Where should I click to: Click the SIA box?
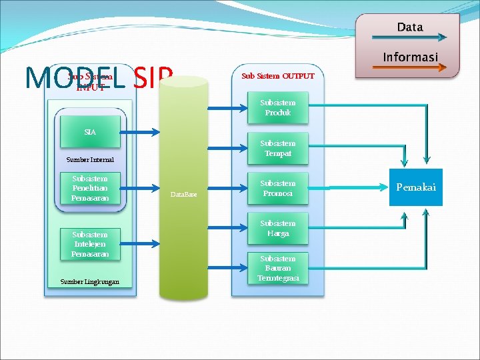click(90, 132)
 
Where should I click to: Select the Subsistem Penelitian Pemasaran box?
click(90, 189)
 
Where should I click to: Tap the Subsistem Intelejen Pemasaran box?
click(90, 245)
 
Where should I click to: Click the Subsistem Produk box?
click(277, 108)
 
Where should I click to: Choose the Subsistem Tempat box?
click(277, 148)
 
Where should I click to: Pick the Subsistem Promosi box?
click(277, 188)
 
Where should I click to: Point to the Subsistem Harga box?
click(277, 229)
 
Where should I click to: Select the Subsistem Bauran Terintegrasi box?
click(277, 268)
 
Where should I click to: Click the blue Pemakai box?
click(416, 187)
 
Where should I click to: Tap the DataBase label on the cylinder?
click(183, 194)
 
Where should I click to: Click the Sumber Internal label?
click(90, 160)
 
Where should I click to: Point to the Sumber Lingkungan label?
click(90, 281)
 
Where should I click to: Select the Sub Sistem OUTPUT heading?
click(277, 76)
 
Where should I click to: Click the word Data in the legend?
click(409, 27)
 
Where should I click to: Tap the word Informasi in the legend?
click(409, 57)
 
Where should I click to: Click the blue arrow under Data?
click(409, 37)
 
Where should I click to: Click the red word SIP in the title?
click(153, 77)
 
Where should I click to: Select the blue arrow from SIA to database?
click(139, 133)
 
